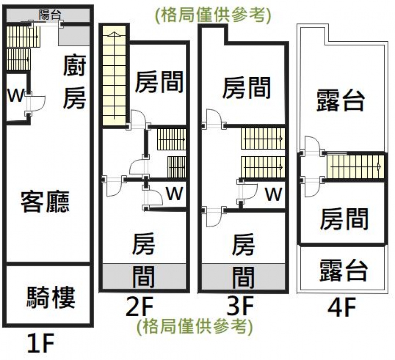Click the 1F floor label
coord(40,343)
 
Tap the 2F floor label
coord(140,307)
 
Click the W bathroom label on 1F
coord(15,95)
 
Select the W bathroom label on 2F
coord(175,194)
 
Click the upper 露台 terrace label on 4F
coord(341,101)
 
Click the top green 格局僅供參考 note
coord(213,16)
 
